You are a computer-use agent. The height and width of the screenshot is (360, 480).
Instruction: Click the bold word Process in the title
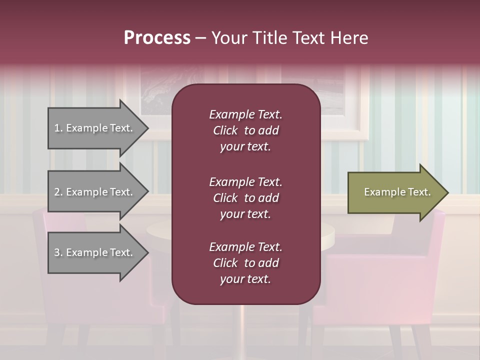point(157,37)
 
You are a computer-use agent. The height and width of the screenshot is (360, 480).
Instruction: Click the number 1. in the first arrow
point(58,128)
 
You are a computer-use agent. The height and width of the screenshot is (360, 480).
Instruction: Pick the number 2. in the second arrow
point(58,192)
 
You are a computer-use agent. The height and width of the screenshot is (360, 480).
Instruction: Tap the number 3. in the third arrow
point(58,252)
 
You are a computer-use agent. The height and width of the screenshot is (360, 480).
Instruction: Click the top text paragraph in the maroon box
point(245,130)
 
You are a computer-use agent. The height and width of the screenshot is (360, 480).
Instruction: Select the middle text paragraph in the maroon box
point(245,198)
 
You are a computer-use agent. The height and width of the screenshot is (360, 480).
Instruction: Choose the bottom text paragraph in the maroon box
point(245,263)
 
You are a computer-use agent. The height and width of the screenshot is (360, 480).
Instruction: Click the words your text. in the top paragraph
point(245,147)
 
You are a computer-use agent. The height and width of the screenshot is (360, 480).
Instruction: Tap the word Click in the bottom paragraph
point(225,263)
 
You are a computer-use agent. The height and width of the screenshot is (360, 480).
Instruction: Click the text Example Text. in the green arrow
point(397,192)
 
